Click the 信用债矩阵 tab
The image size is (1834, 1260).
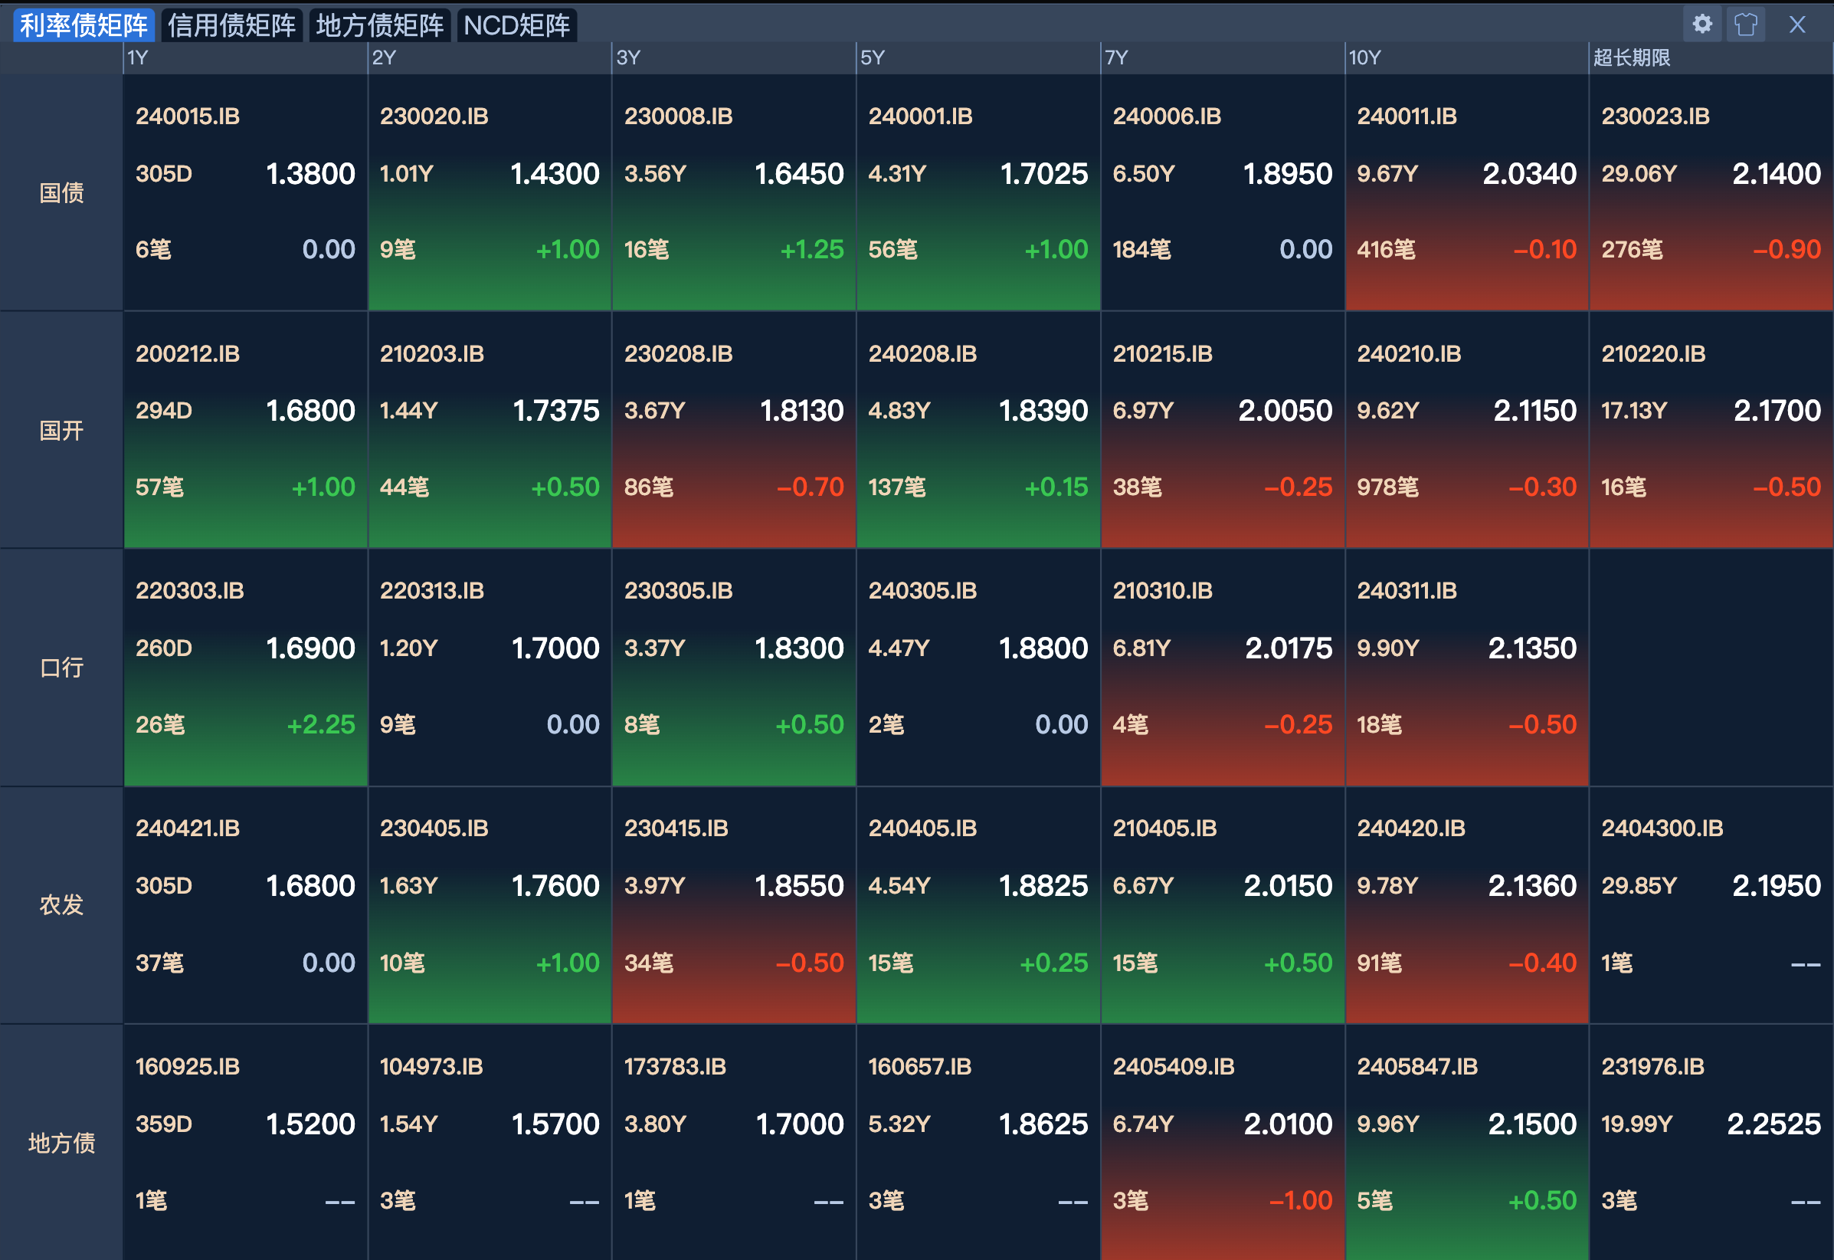(x=231, y=25)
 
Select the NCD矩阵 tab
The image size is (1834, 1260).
(x=517, y=25)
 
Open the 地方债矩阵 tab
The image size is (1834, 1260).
(x=379, y=25)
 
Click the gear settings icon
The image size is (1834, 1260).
(x=1702, y=24)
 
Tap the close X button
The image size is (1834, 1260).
(x=1797, y=25)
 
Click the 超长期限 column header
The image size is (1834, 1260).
(x=1631, y=57)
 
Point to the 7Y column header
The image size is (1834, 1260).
(x=1117, y=57)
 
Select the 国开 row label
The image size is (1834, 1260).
(x=61, y=430)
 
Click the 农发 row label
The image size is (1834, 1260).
(x=61, y=904)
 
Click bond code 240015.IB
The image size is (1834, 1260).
(x=188, y=116)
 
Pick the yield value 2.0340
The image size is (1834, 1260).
(x=1528, y=174)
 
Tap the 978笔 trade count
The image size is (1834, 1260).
(x=1387, y=487)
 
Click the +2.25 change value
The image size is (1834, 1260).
(x=320, y=725)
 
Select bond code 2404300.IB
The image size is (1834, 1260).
(x=1662, y=829)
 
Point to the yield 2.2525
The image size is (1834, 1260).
(x=1773, y=1124)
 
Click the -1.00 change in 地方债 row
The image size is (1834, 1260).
(x=1300, y=1200)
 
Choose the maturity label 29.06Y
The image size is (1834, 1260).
(x=1639, y=174)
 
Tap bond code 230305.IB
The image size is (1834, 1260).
(x=678, y=590)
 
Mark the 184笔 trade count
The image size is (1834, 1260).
(x=1141, y=250)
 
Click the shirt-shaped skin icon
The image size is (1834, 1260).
(x=1745, y=25)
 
